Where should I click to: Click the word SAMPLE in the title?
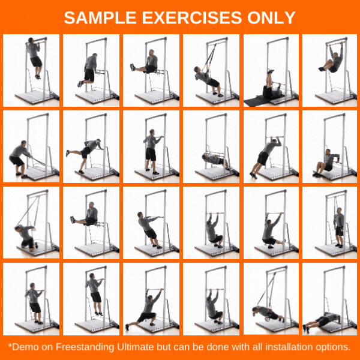[x=100, y=17]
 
